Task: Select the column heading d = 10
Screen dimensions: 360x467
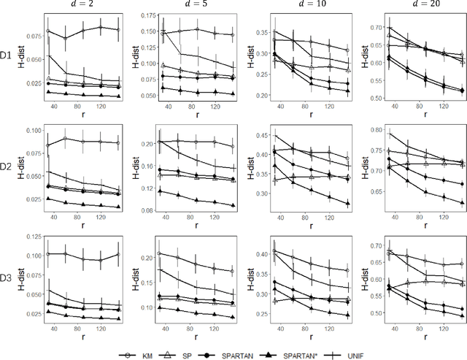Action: tap(301, 7)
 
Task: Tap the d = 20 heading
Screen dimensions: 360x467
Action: tap(413, 7)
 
